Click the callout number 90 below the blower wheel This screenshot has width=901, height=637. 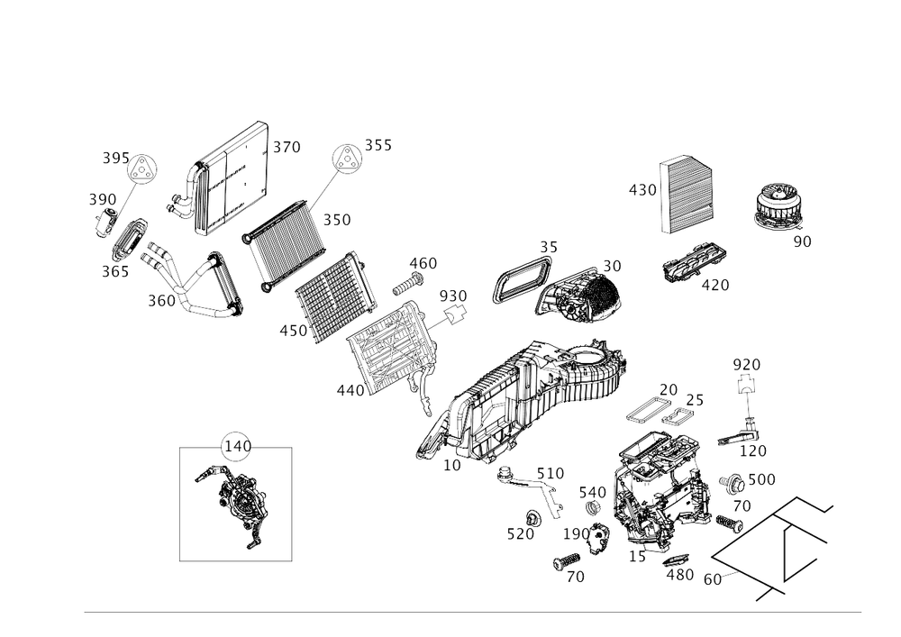click(802, 241)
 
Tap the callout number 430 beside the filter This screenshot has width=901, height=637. click(642, 190)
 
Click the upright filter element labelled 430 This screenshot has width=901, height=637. click(689, 195)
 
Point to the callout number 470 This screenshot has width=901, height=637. click(716, 286)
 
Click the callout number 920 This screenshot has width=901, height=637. click(747, 364)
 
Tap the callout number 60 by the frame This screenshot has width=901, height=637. click(714, 579)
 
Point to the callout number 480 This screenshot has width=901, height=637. click(684, 574)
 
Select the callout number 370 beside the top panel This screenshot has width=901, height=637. click(287, 146)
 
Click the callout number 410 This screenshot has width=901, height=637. click(293, 332)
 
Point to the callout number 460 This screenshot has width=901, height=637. click(423, 263)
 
